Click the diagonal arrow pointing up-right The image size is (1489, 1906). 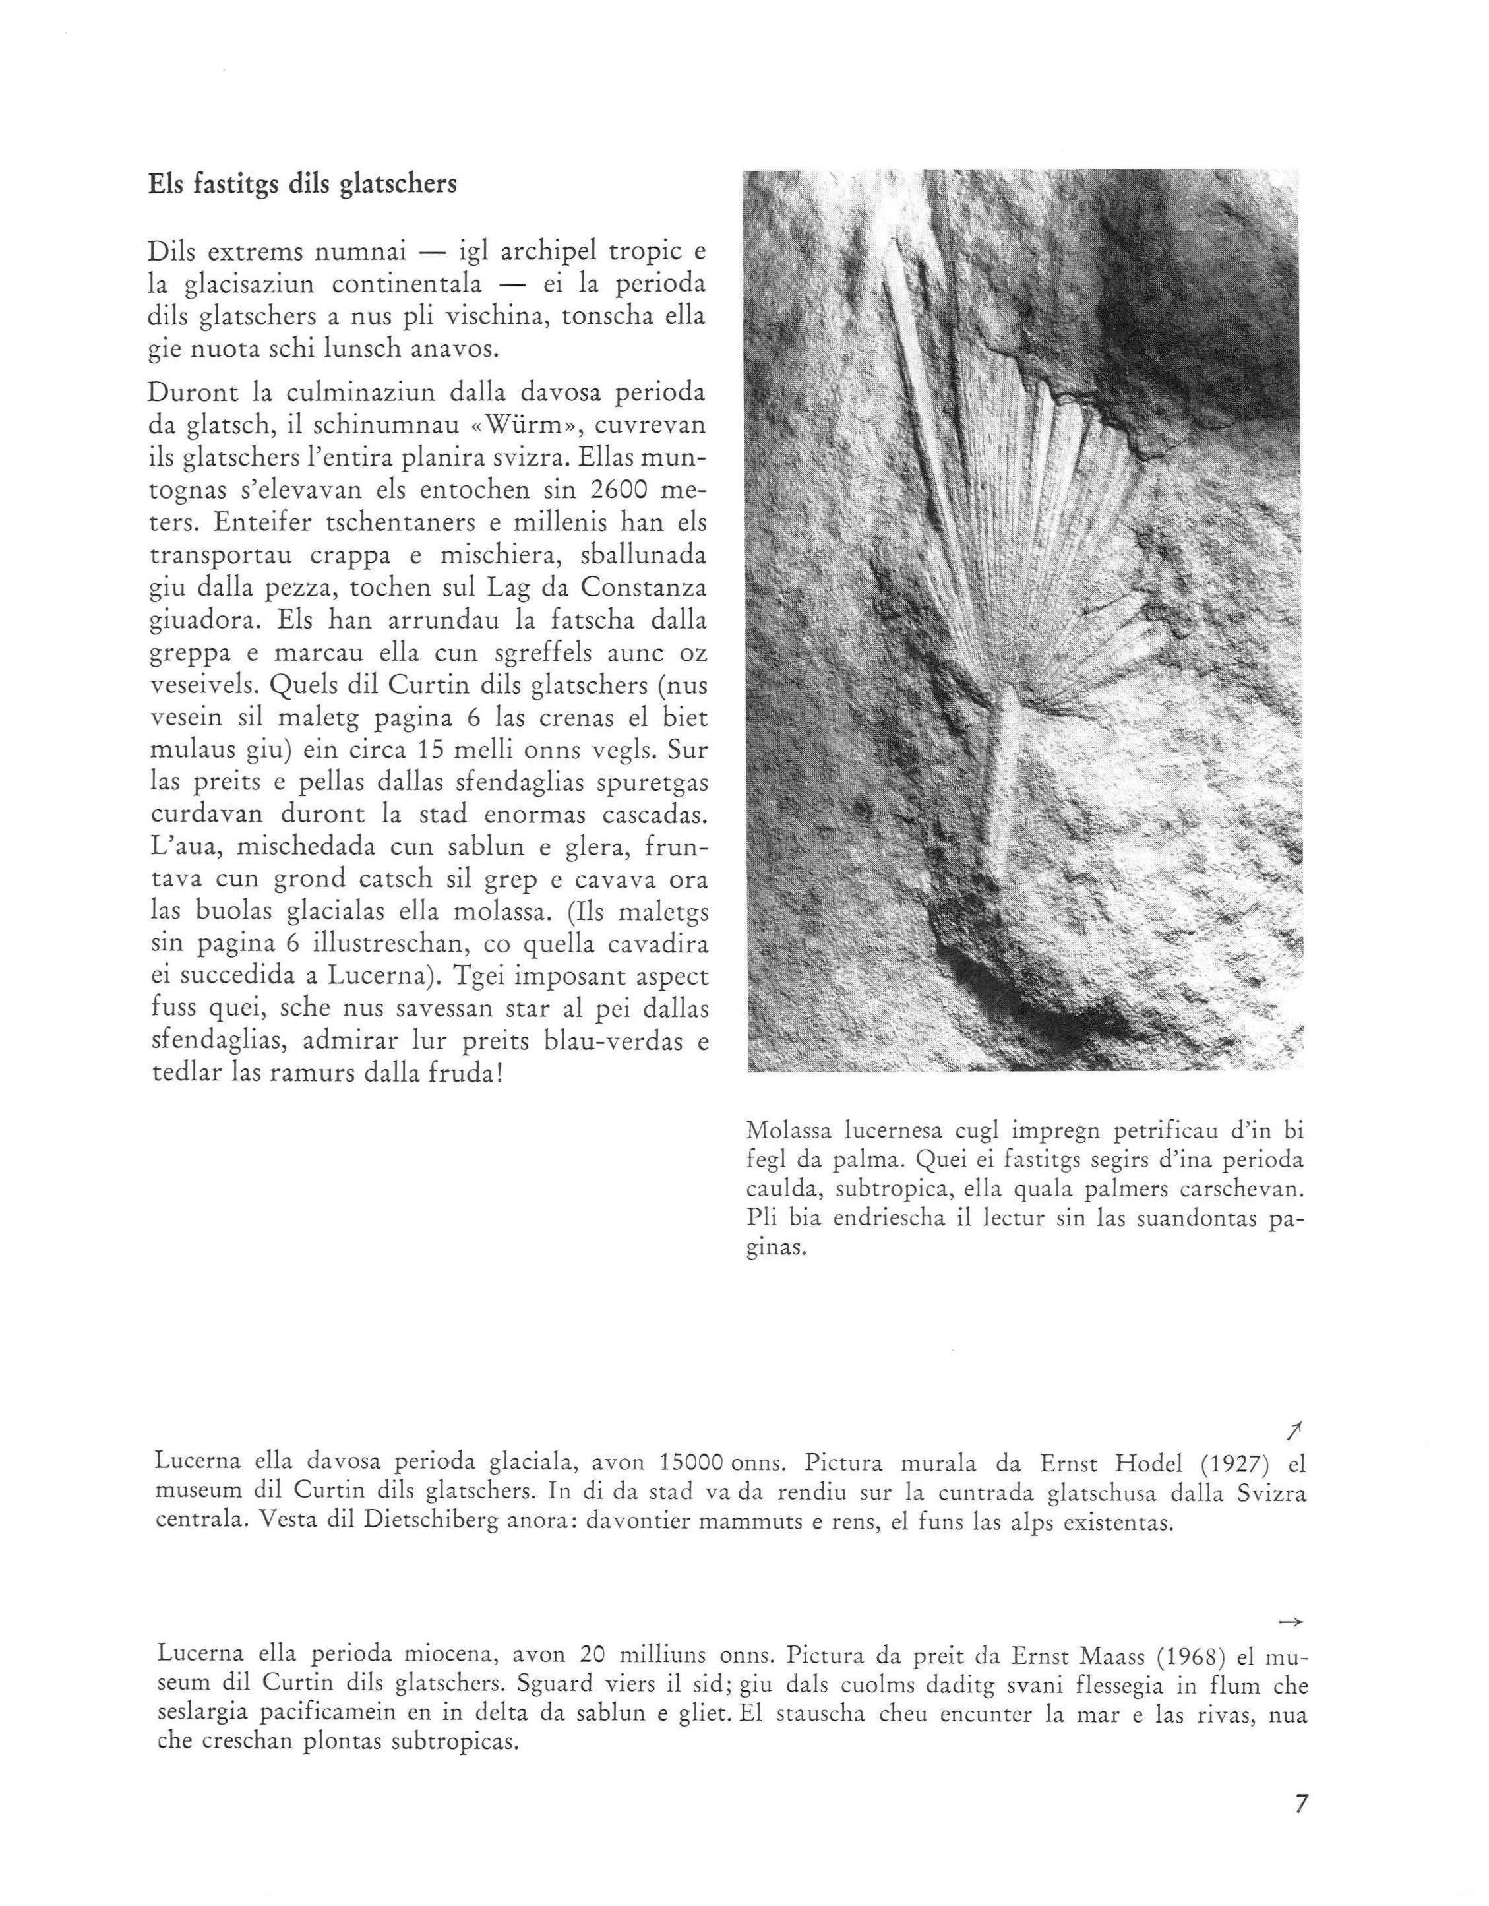click(1295, 1430)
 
